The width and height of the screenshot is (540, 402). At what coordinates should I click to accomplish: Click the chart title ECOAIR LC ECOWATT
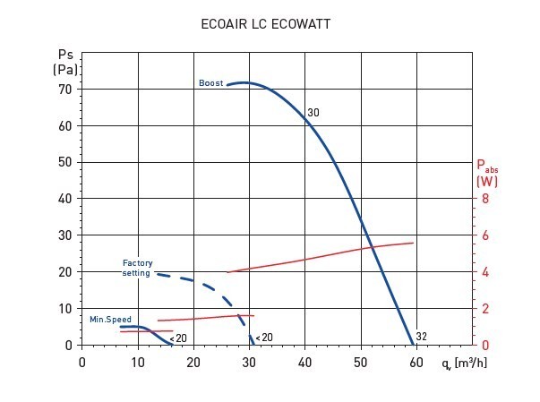pyautogui.click(x=266, y=25)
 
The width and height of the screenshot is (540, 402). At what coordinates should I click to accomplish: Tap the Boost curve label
pyautogui.click(x=211, y=83)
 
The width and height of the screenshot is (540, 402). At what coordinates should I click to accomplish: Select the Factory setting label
pyautogui.click(x=138, y=268)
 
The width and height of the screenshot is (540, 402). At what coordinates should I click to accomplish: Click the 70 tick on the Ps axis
pyautogui.click(x=64, y=90)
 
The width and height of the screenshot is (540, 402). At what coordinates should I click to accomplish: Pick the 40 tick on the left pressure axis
pyautogui.click(x=64, y=199)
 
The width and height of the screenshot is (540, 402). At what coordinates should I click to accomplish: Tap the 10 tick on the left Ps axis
pyautogui.click(x=64, y=309)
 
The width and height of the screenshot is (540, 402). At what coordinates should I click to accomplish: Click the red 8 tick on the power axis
pyautogui.click(x=485, y=199)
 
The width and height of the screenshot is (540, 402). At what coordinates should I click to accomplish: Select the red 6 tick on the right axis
pyautogui.click(x=485, y=235)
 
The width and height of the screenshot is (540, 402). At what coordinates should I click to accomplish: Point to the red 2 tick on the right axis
pyautogui.click(x=485, y=309)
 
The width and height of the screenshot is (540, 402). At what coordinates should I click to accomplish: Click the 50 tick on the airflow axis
pyautogui.click(x=361, y=362)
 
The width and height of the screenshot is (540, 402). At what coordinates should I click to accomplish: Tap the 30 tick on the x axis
pyautogui.click(x=249, y=362)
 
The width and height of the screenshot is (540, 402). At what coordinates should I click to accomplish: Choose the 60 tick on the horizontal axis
pyautogui.click(x=416, y=362)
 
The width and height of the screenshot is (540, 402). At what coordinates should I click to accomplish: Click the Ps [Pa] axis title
pyautogui.click(x=64, y=61)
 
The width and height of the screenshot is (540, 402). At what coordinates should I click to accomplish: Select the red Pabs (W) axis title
pyautogui.click(x=487, y=173)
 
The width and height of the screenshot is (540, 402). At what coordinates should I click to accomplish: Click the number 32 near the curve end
pyautogui.click(x=422, y=337)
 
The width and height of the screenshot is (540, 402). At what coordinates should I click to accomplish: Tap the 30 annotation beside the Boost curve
pyautogui.click(x=313, y=113)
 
